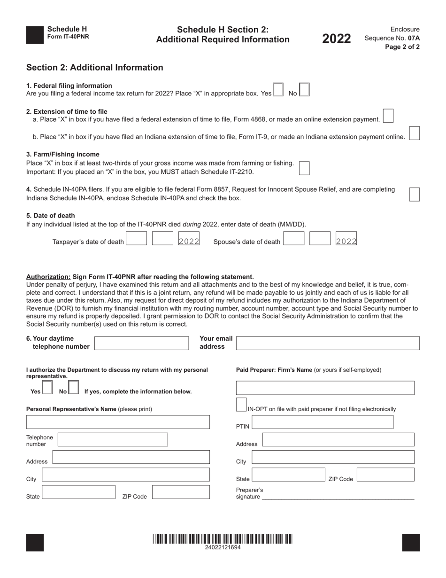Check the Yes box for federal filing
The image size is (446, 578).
pos(278,89)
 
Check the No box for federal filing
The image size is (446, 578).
pos(304,89)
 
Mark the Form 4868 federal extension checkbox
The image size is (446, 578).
pos(388,116)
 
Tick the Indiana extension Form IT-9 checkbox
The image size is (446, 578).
pos(414,133)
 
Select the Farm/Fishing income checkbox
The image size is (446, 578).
pos(304,168)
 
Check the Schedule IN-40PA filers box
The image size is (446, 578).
pos(414,194)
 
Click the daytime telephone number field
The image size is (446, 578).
pos(142,343)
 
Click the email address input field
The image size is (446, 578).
pos(327,343)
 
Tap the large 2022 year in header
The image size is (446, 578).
pos(336,39)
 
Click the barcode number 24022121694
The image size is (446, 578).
pos(223,547)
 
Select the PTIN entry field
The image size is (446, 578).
pos(323,422)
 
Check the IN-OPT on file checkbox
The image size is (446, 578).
pos(241,405)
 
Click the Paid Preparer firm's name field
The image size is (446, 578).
pos(325,388)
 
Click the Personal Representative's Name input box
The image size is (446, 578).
pos(118,422)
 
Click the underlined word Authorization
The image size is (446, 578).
pos(48,277)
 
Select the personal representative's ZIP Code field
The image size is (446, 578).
pos(181,492)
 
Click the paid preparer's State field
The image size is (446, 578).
pos(288,475)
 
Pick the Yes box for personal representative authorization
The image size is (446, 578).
pos(47,387)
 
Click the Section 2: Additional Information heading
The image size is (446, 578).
pos(95,67)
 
